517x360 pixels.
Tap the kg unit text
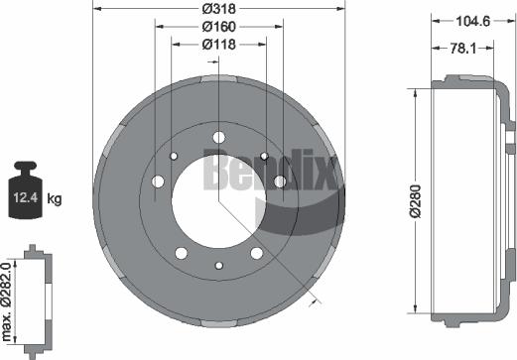(55, 199)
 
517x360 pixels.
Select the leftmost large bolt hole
(158, 180)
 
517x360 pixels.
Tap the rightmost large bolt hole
(280, 180)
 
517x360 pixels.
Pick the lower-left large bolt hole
(181, 253)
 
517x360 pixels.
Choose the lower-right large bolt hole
(257, 253)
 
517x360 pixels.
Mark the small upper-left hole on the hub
(173, 156)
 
